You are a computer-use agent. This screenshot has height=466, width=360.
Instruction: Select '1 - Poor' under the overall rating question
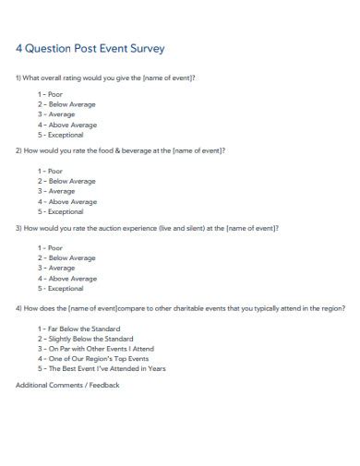pos(50,95)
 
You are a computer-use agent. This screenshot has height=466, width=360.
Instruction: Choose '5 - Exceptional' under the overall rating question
pos(61,135)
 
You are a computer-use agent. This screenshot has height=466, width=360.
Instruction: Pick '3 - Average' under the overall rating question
pos(56,115)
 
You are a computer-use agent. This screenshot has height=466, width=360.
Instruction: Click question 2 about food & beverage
pos(120,149)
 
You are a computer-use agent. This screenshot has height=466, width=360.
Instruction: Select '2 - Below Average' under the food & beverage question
pos(66,181)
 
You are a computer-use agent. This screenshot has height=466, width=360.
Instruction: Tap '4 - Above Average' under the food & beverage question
pos(66,201)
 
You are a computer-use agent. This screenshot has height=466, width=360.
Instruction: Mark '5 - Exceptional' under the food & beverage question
pos(61,211)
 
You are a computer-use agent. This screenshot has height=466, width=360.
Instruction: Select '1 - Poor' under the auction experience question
pos(50,247)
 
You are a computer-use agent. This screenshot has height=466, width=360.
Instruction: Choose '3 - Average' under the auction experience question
pos(56,268)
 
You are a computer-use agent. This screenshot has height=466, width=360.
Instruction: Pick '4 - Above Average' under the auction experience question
pos(66,278)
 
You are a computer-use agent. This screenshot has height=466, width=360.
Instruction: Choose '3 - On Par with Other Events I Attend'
pos(96,349)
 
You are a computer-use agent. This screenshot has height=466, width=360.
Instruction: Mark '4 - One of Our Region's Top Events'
pos(92,359)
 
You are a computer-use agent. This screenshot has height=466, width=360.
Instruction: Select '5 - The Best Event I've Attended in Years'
pos(101,369)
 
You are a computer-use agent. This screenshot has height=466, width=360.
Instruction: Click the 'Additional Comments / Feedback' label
pos(67,385)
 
